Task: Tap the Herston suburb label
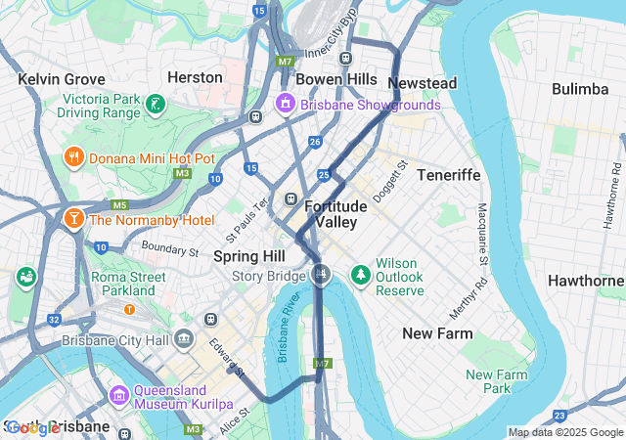pyautogui.click(x=195, y=77)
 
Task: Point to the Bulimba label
pyautogui.click(x=579, y=89)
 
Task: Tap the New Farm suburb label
pyautogui.click(x=437, y=333)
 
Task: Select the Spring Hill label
pyautogui.click(x=249, y=256)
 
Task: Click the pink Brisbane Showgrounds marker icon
pyautogui.click(x=285, y=104)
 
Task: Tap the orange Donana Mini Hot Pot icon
pyautogui.click(x=72, y=157)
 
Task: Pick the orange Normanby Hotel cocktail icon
pyautogui.click(x=72, y=219)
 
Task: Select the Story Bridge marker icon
pyautogui.click(x=319, y=273)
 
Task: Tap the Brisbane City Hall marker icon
pyautogui.click(x=184, y=340)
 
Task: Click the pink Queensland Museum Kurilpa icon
pyautogui.click(x=118, y=395)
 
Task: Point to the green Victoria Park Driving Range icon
pyautogui.click(x=154, y=104)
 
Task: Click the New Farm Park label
pyautogui.click(x=496, y=381)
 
